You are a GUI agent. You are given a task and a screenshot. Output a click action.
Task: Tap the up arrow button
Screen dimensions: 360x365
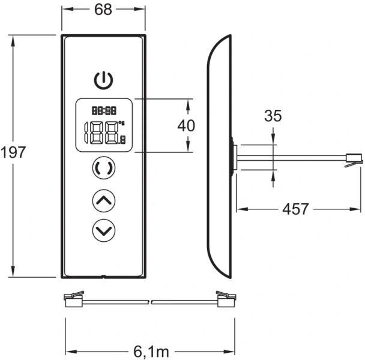click(104, 200)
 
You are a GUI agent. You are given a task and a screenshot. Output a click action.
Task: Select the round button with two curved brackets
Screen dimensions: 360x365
click(104, 169)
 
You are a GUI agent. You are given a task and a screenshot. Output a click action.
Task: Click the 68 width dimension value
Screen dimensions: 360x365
click(103, 10)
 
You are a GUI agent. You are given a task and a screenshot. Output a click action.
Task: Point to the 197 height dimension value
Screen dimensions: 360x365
click(13, 152)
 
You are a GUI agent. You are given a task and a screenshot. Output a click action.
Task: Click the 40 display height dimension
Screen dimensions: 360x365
click(187, 126)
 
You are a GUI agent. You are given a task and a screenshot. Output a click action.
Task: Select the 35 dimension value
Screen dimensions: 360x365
click(273, 116)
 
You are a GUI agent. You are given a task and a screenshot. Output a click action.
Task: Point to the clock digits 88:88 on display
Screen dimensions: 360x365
click(103, 110)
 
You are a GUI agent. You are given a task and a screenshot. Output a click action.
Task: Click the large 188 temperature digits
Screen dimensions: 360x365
click(102, 133)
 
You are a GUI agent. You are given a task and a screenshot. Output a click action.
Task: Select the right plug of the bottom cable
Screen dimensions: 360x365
click(226, 297)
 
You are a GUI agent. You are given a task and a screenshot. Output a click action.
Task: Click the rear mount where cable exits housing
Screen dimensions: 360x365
click(233, 157)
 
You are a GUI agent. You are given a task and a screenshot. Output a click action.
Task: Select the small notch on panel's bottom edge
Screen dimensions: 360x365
click(104, 277)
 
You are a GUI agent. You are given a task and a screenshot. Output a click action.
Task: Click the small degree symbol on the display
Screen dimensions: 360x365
click(121, 124)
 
